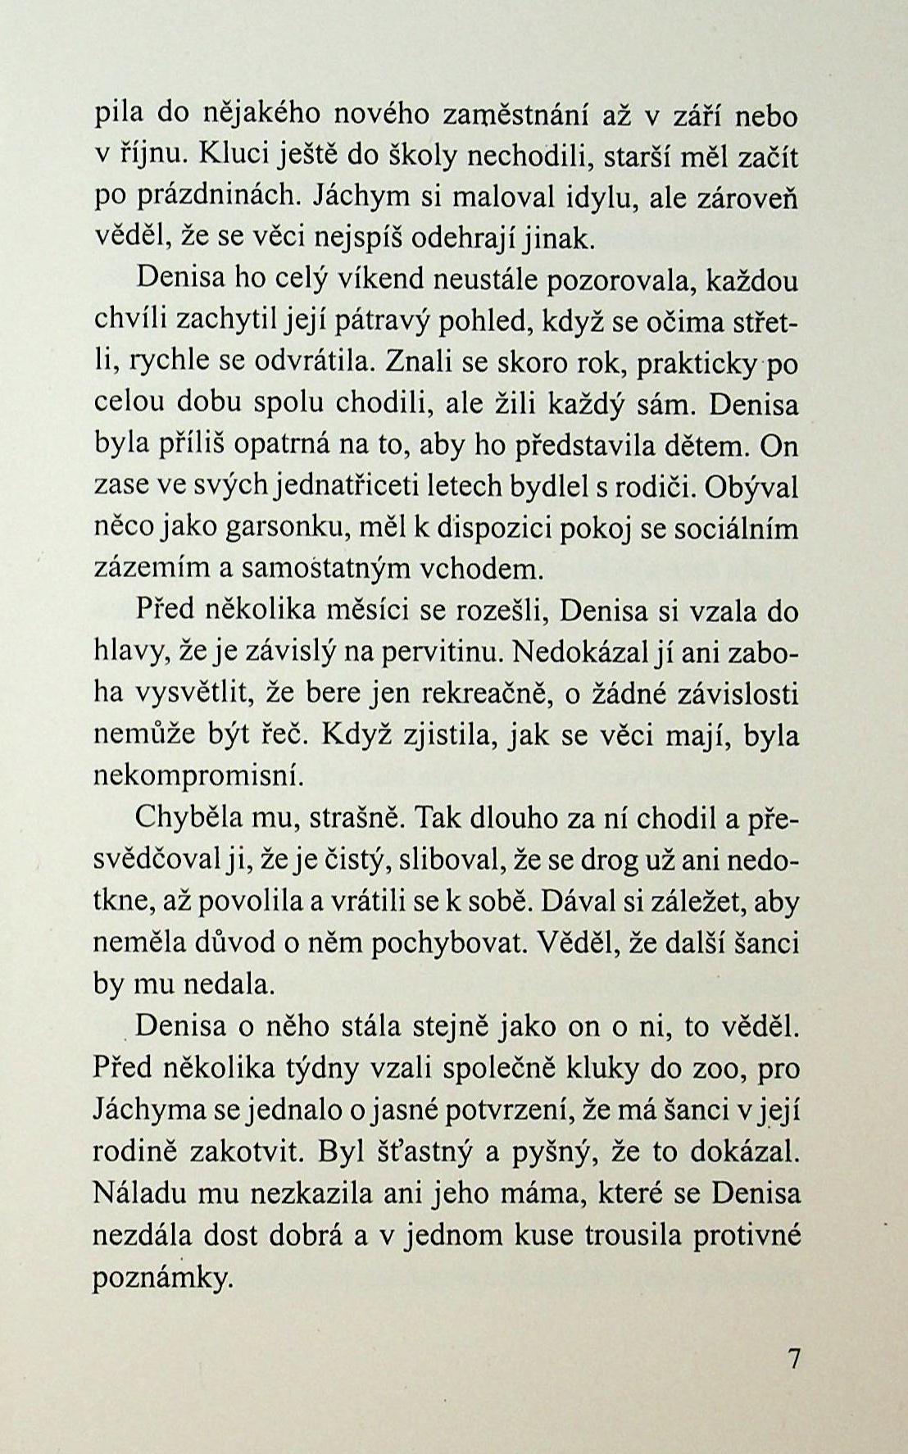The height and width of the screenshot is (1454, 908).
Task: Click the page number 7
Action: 792,1356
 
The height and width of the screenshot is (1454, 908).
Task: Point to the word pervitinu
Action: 455,652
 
